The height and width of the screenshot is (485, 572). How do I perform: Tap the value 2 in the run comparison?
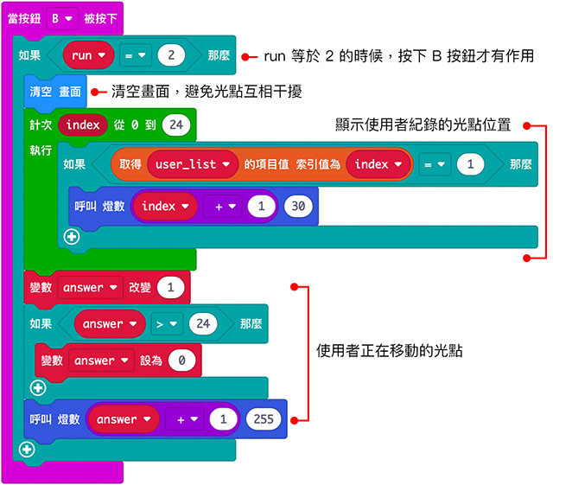[171, 55]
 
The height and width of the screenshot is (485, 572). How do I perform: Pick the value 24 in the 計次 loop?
[175, 124]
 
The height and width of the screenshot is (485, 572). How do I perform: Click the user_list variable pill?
[193, 163]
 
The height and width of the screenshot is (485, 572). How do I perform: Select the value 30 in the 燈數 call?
[297, 207]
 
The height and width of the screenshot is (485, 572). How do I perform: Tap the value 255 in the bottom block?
[263, 419]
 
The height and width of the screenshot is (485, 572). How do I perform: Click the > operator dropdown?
[166, 324]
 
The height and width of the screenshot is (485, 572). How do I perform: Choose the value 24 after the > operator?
[203, 324]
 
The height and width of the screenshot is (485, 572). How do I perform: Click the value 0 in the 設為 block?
[181, 361]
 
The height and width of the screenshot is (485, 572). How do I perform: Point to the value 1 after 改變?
[171, 288]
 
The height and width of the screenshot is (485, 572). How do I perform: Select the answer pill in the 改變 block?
[90, 288]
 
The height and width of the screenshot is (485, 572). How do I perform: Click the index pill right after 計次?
[83, 124]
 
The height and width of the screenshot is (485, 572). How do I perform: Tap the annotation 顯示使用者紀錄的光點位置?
[423, 124]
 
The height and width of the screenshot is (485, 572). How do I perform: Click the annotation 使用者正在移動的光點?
[390, 350]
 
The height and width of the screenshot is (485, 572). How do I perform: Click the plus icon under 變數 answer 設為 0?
[37, 386]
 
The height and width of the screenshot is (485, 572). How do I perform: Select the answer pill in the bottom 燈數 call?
[124, 419]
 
